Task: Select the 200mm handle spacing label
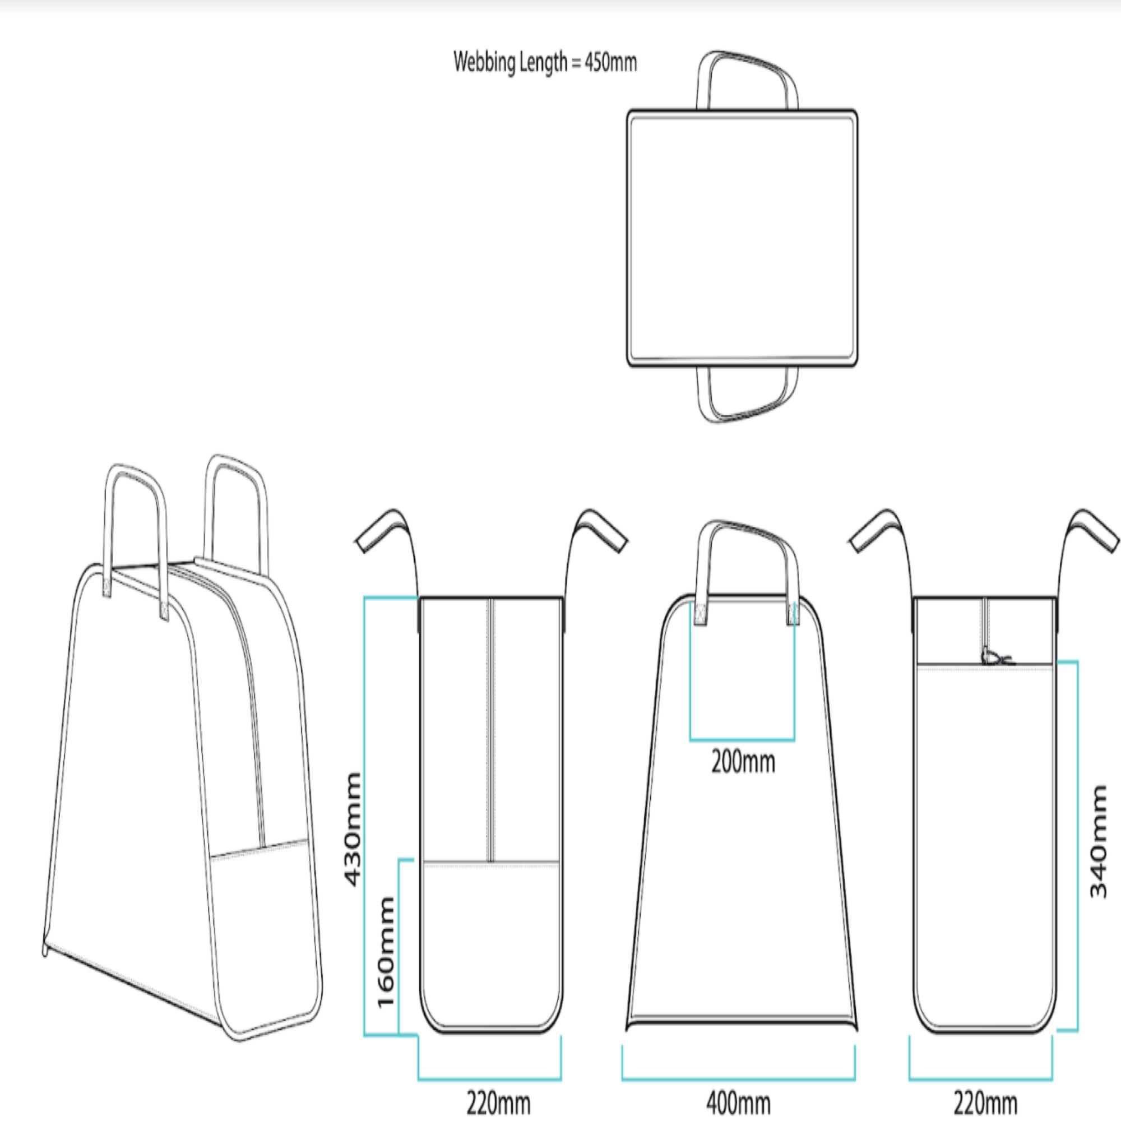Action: [743, 762]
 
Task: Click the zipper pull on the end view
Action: [994, 657]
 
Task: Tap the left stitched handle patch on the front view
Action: [700, 613]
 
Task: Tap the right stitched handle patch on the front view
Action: [793, 613]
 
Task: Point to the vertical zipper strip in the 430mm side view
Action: [491, 729]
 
